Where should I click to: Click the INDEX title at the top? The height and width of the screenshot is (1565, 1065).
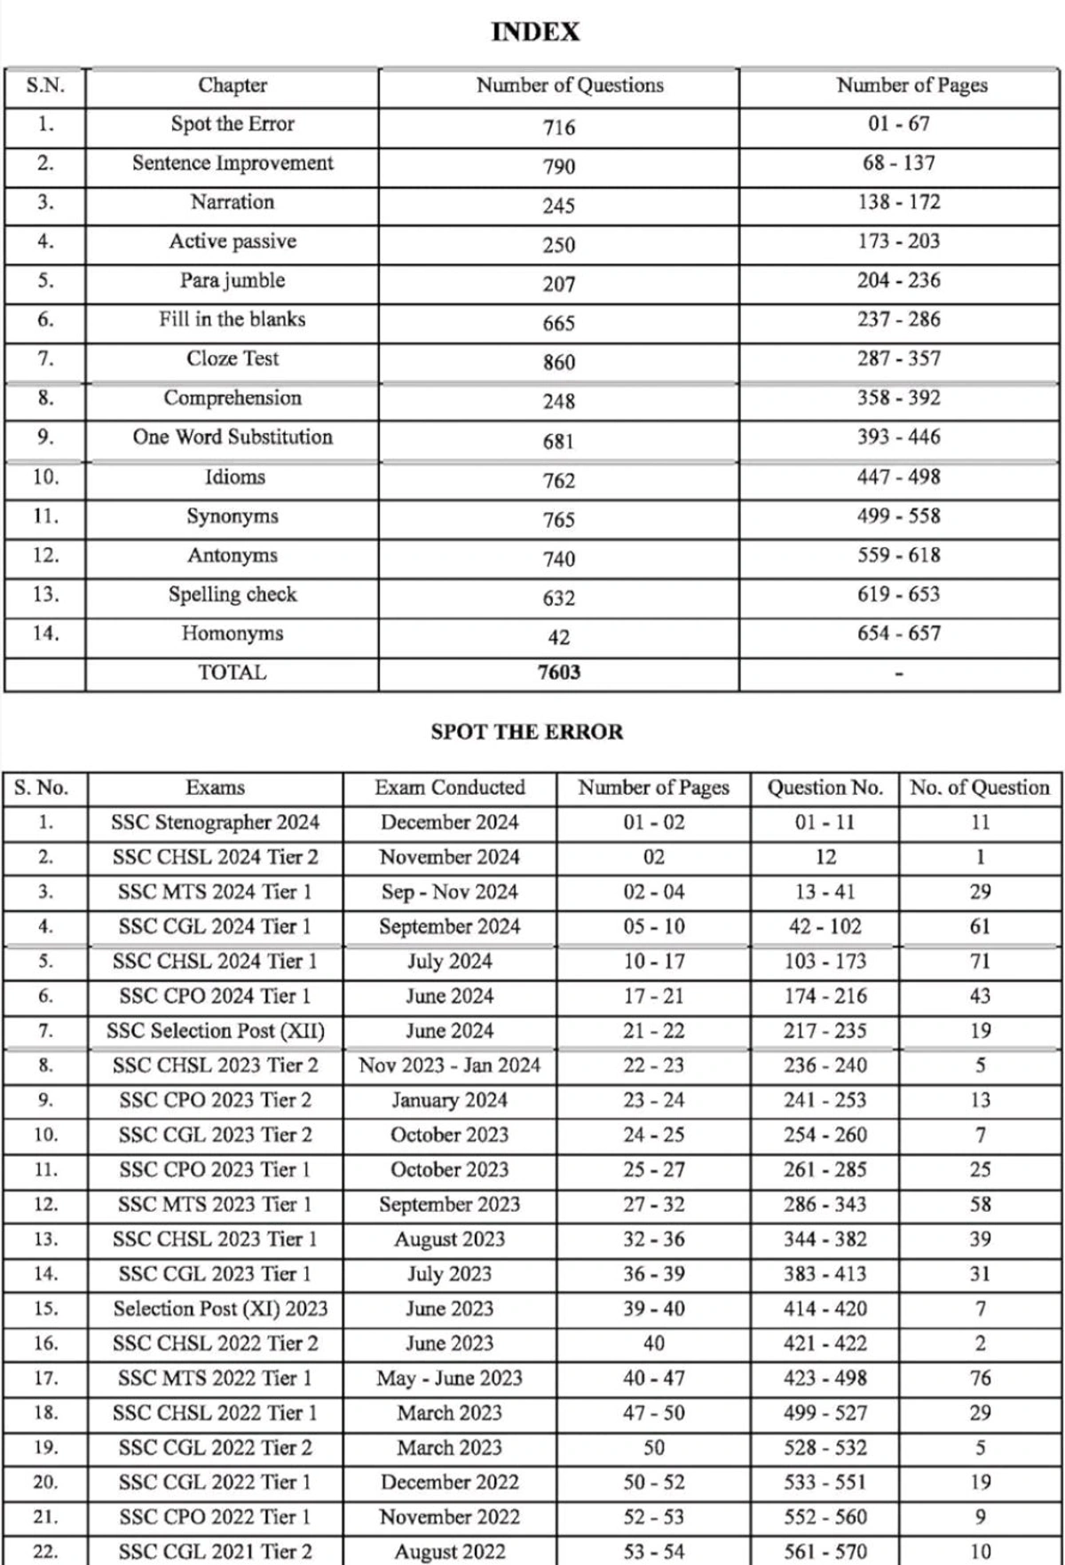pyautogui.click(x=535, y=33)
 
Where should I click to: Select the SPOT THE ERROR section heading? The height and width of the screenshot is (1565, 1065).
pyautogui.click(x=527, y=732)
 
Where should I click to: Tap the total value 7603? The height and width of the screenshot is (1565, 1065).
pyautogui.click(x=559, y=672)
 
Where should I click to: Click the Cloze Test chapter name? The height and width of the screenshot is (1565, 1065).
pyautogui.click(x=233, y=358)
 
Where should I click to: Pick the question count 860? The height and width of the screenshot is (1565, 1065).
pyautogui.click(x=559, y=362)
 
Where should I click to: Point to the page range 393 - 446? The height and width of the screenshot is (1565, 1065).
pyautogui.click(x=899, y=436)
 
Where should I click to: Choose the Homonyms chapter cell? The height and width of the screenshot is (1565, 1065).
pyautogui.click(x=233, y=633)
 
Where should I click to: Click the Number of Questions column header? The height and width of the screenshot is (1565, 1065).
pyautogui.click(x=570, y=85)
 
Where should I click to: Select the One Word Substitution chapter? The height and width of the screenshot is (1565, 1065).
pyautogui.click(x=233, y=436)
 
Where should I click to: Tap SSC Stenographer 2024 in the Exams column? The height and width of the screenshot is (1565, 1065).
pyautogui.click(x=215, y=822)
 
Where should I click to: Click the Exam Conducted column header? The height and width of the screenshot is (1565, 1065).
pyautogui.click(x=450, y=787)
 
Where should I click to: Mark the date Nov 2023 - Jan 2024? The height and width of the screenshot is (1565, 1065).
pyautogui.click(x=450, y=1065)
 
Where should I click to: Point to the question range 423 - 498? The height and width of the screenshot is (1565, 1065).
pyautogui.click(x=825, y=1378)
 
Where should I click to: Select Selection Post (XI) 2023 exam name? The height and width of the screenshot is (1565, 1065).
pyautogui.click(x=220, y=1309)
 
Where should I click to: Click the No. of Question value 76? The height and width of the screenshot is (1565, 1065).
pyautogui.click(x=980, y=1378)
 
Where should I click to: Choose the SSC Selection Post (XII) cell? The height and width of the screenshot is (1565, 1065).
pyautogui.click(x=216, y=1031)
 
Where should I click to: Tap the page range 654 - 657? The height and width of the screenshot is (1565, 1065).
pyautogui.click(x=899, y=633)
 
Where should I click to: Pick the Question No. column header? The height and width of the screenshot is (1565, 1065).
pyautogui.click(x=825, y=787)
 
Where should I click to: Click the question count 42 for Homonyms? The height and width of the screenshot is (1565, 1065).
pyautogui.click(x=559, y=637)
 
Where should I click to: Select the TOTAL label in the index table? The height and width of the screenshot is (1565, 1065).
pyautogui.click(x=233, y=672)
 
